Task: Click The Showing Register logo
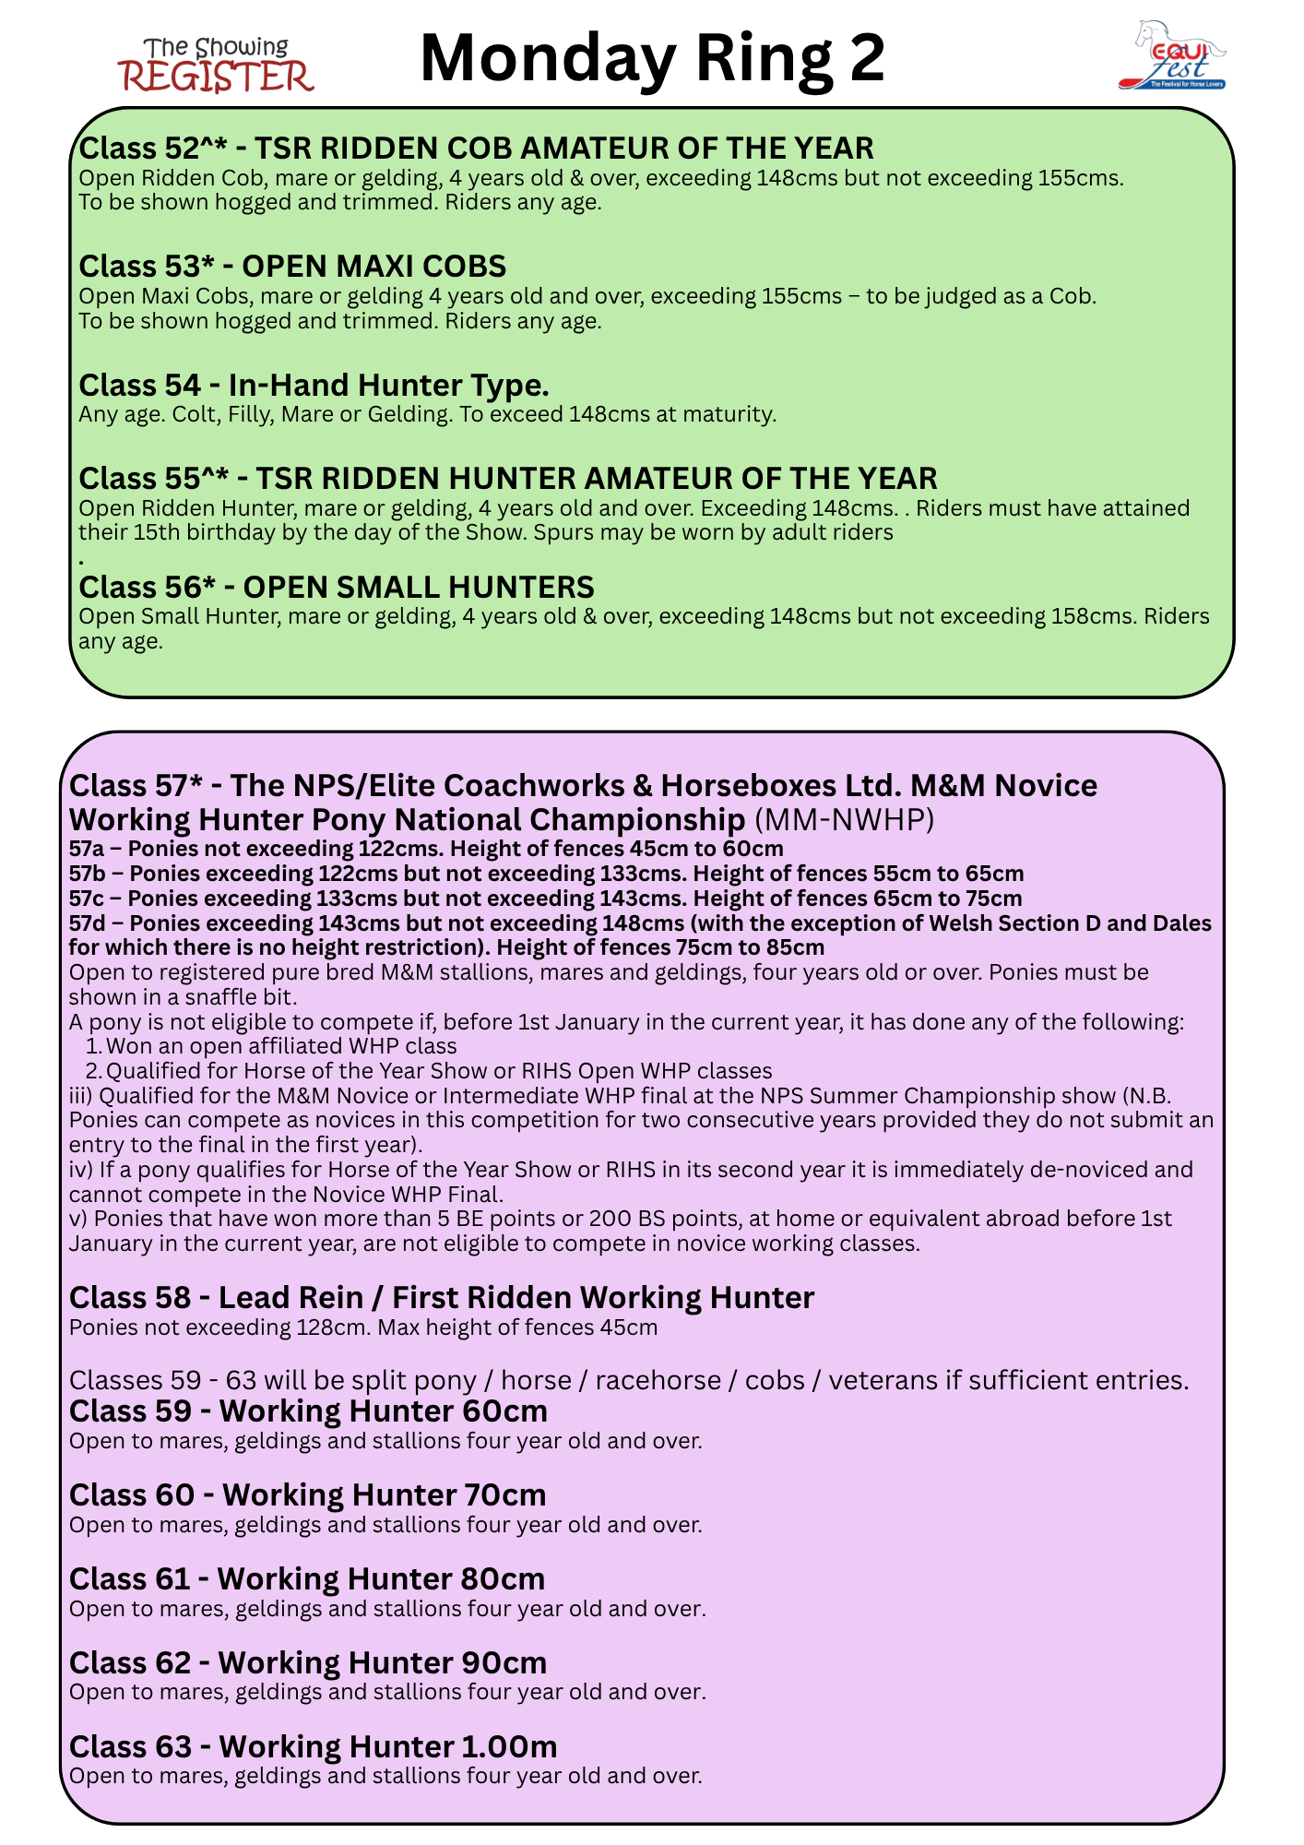click(x=216, y=65)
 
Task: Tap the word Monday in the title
click(x=548, y=59)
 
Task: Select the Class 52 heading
click(x=476, y=148)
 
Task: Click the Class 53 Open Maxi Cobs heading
click(x=292, y=266)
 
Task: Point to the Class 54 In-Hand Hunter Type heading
click(x=314, y=385)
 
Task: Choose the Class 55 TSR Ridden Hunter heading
click(x=507, y=478)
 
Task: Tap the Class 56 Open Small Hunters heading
click(x=337, y=587)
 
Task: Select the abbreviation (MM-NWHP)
click(x=844, y=819)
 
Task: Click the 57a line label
click(x=88, y=849)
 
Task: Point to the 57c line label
click(x=88, y=899)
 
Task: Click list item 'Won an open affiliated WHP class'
click(x=281, y=1046)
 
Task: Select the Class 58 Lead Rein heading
click(x=441, y=1297)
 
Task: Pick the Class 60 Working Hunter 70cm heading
click(x=307, y=1494)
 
